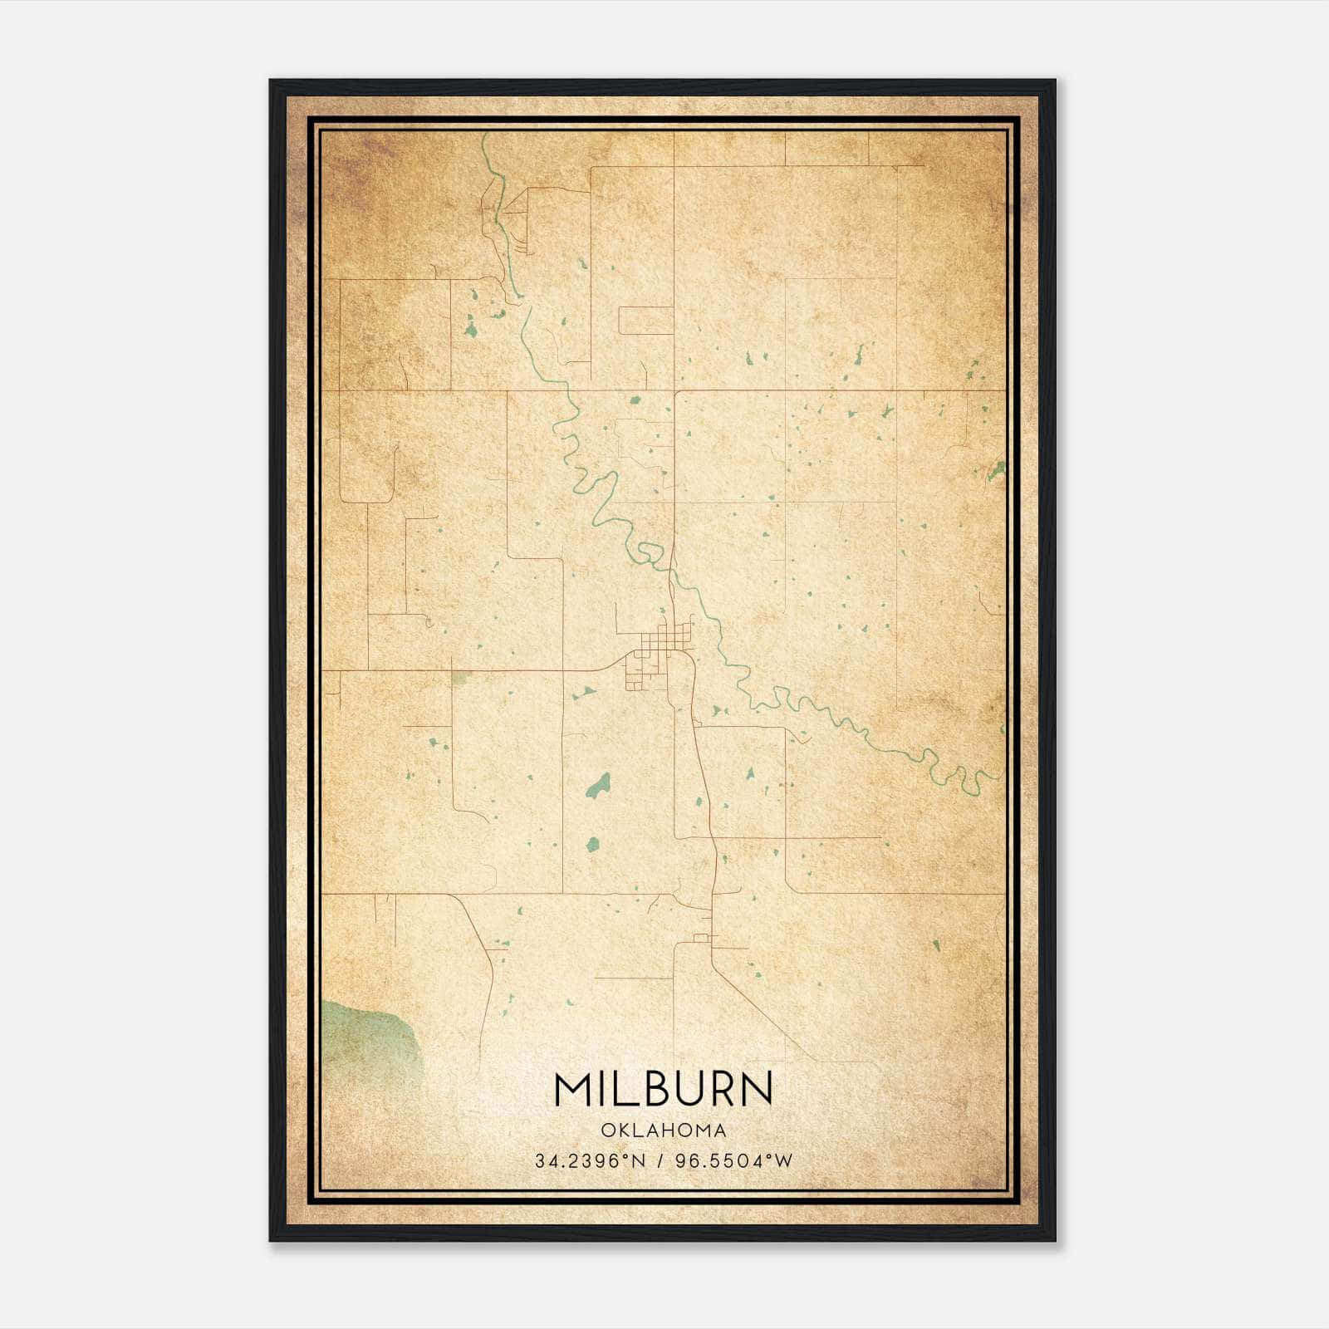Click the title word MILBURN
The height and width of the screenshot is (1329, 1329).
click(x=663, y=1089)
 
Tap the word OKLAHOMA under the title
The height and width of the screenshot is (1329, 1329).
click(x=663, y=1130)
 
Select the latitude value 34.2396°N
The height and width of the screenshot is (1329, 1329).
click(x=590, y=1161)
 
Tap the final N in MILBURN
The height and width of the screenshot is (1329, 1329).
click(x=756, y=1089)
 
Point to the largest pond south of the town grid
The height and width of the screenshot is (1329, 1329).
click(x=597, y=786)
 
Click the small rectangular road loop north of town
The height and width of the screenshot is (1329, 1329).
click(x=646, y=321)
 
